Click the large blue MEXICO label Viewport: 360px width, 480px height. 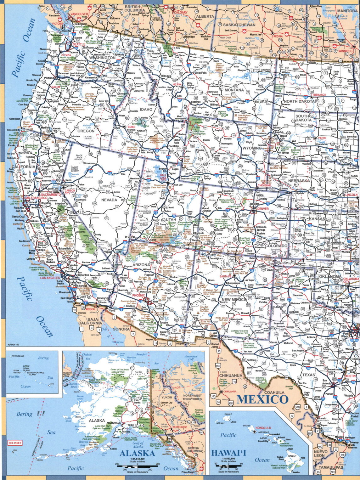262,399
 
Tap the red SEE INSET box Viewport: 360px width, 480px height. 15,443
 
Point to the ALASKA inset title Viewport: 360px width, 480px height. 137,453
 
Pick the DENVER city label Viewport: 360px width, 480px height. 263,209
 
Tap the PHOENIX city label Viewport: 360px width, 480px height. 139,296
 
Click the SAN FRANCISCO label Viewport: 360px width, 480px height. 36,198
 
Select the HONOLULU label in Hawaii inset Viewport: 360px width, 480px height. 263,428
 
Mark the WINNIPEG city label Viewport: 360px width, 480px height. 345,51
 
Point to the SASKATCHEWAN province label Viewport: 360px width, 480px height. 239,25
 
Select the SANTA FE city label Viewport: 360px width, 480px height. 226,276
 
